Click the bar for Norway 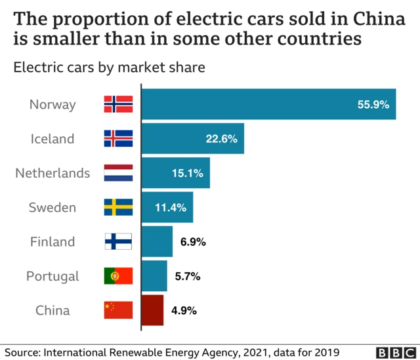pyautogui.click(x=269, y=104)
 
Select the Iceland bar pyautogui.click(x=193, y=138)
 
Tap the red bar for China pyautogui.click(x=152, y=310)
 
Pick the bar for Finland pyautogui.click(x=157, y=241)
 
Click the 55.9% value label pyautogui.click(x=373, y=104)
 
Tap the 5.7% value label pyautogui.click(x=187, y=276)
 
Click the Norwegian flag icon pyautogui.click(x=118, y=104)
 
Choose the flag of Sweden pyautogui.click(x=118, y=207)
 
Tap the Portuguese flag pyautogui.click(x=118, y=276)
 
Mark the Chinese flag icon pyautogui.click(x=118, y=310)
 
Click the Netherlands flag pyautogui.click(x=118, y=173)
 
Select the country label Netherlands pyautogui.click(x=52, y=173)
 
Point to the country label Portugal pyautogui.click(x=52, y=276)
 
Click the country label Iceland pyautogui.click(x=52, y=138)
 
